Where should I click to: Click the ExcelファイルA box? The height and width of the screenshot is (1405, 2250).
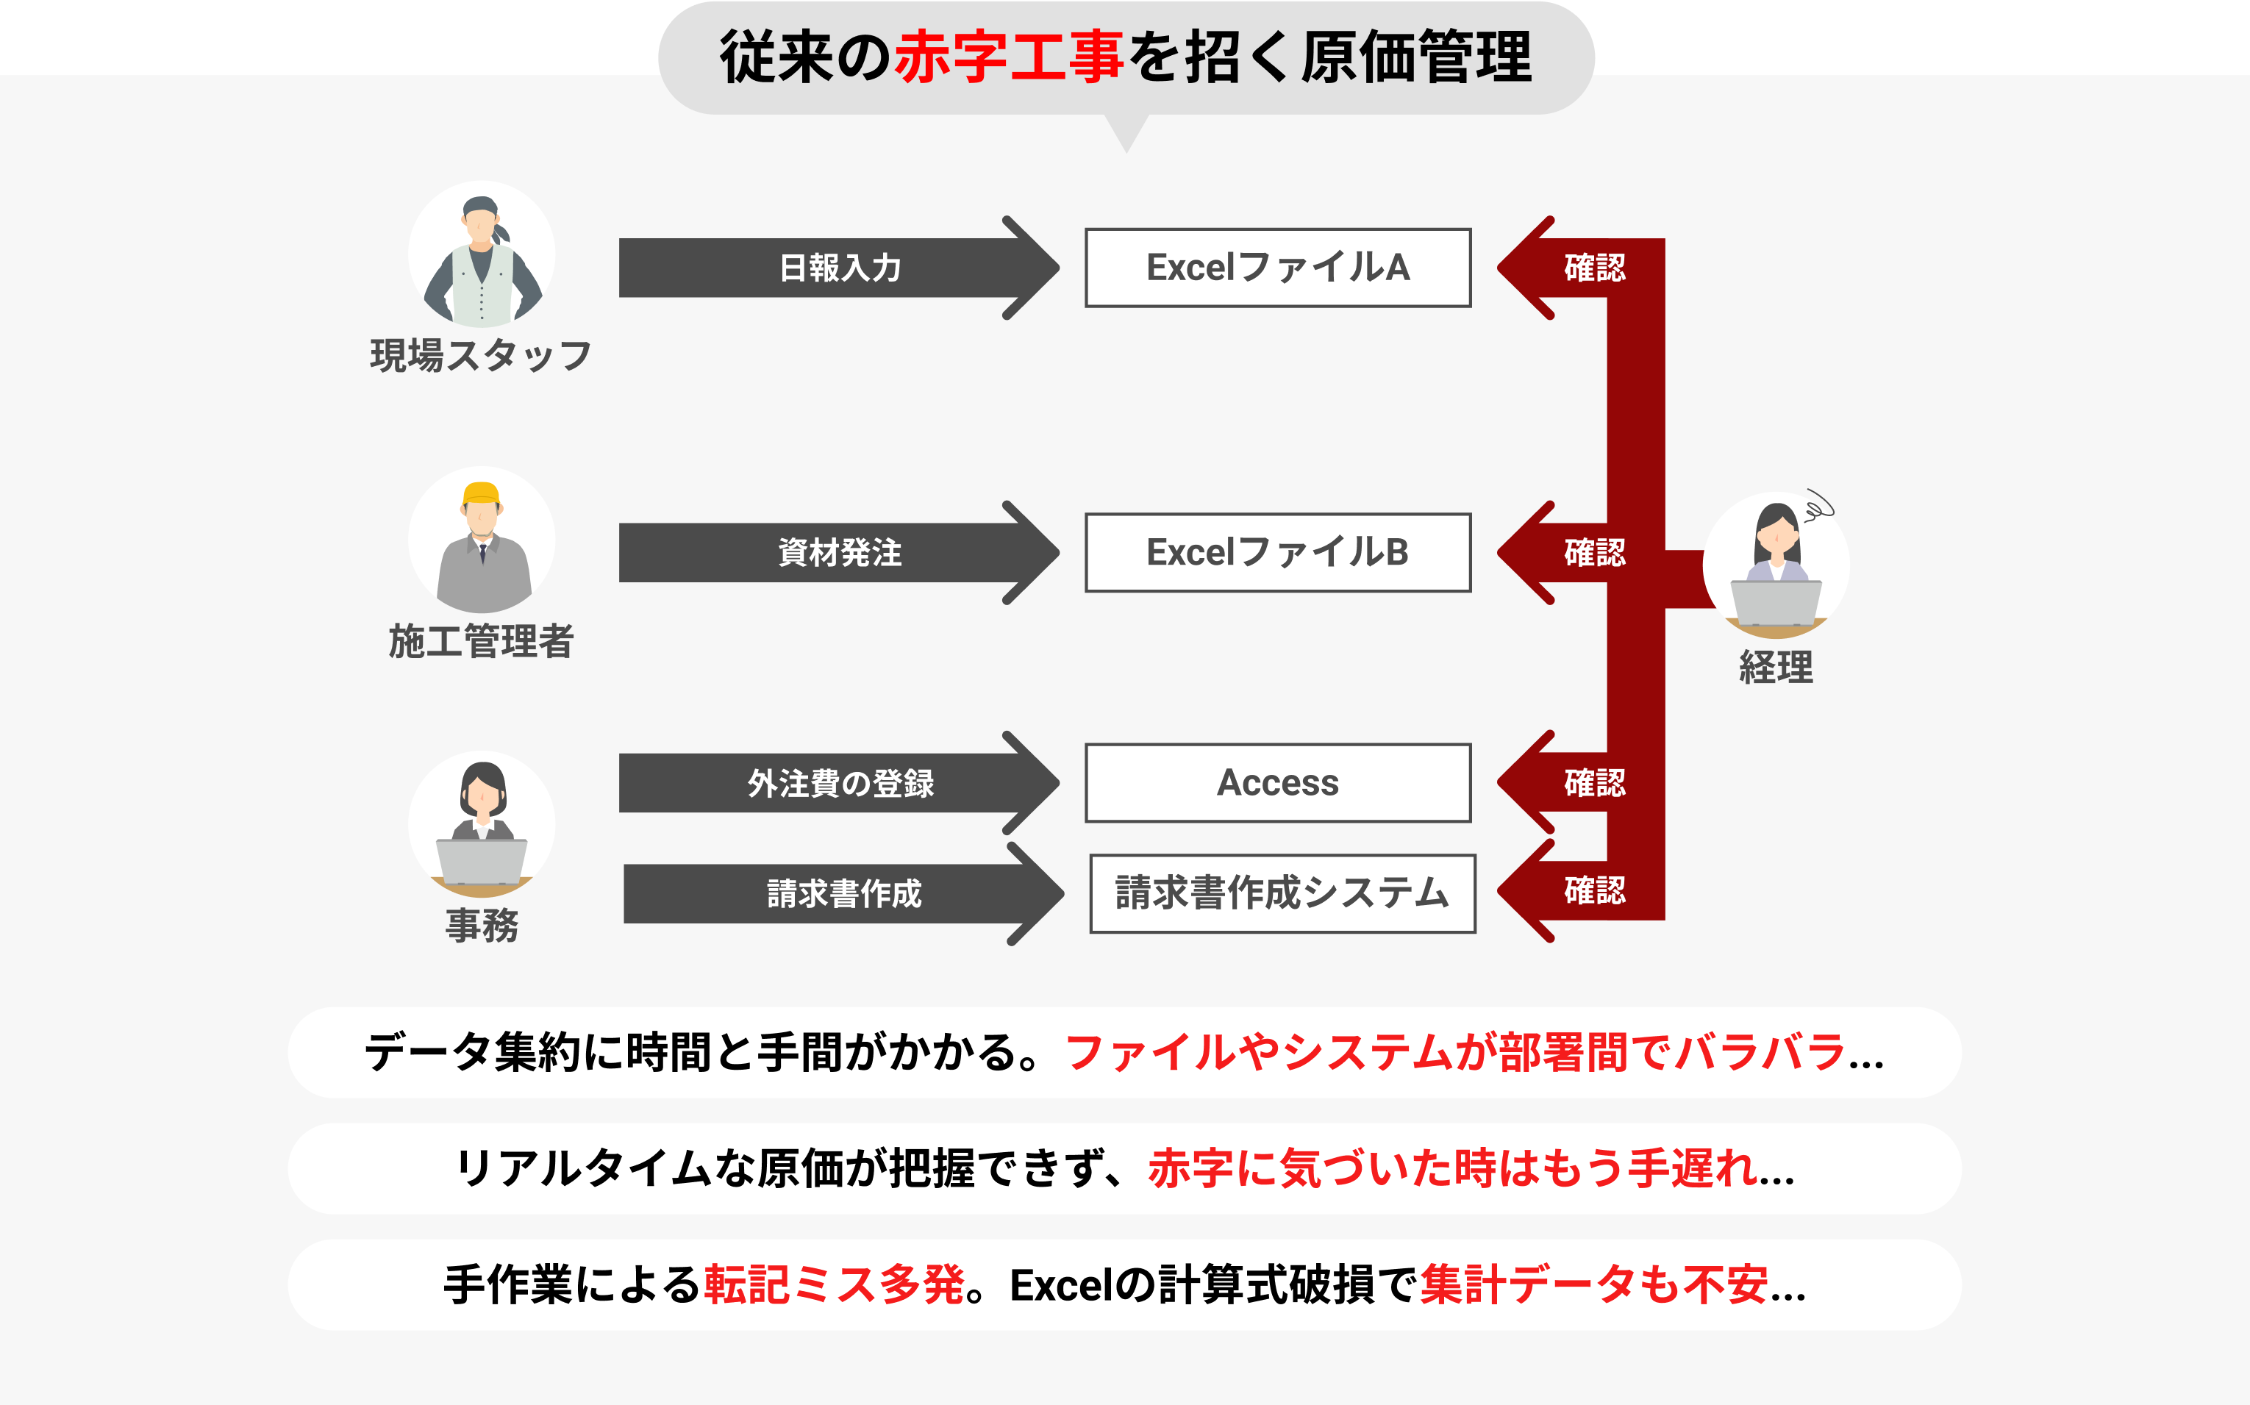point(1278,268)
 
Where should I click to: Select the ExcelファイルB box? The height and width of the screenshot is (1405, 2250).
point(1278,552)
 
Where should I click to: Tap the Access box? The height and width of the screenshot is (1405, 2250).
point(1278,782)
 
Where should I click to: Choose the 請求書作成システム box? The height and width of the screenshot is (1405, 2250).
point(1282,893)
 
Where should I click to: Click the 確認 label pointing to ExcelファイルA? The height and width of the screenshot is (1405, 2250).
point(1594,268)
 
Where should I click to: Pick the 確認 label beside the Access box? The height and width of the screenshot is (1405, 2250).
point(1594,783)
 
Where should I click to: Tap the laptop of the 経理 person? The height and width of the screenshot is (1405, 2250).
point(1775,602)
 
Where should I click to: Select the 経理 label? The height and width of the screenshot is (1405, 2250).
point(1775,667)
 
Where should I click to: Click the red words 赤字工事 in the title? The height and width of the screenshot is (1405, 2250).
point(1008,57)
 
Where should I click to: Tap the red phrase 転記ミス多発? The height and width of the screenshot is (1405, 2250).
point(834,1285)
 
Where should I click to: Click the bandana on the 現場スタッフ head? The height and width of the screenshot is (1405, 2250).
point(482,207)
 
